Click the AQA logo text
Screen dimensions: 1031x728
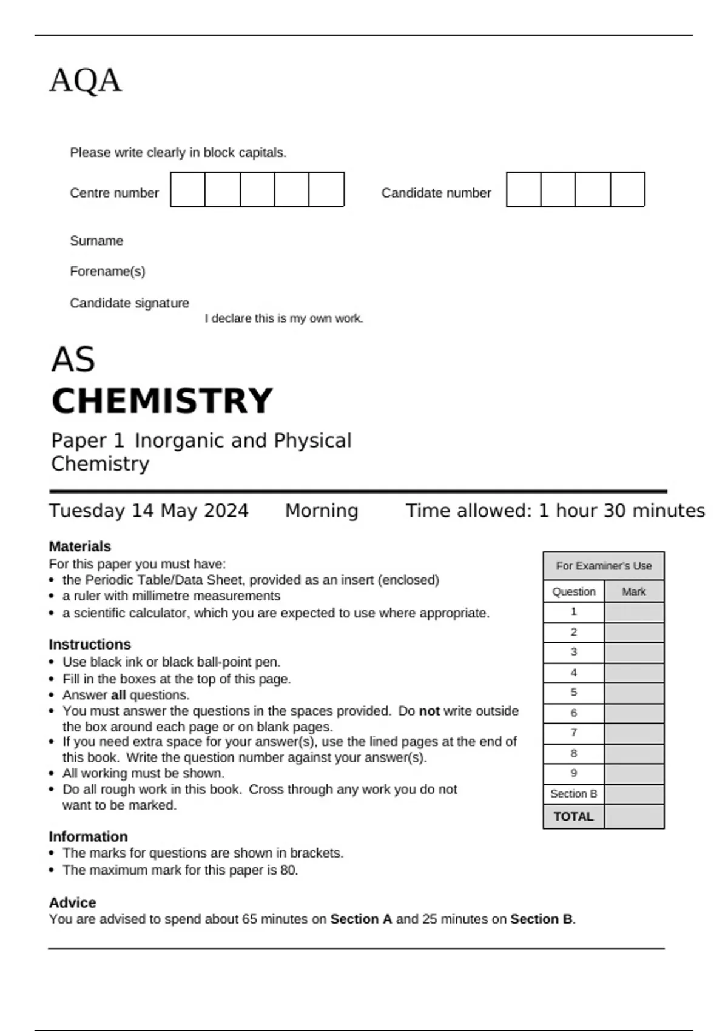pyautogui.click(x=86, y=80)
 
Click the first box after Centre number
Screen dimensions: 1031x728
pyautogui.click(x=187, y=190)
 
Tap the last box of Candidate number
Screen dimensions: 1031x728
pyautogui.click(x=627, y=190)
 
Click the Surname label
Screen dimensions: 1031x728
pyautogui.click(x=96, y=241)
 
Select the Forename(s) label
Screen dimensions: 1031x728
pyautogui.click(x=107, y=271)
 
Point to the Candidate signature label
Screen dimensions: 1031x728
pyautogui.click(x=129, y=303)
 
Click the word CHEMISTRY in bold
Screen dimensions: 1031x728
pyautogui.click(x=162, y=401)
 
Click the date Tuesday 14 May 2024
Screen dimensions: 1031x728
pyautogui.click(x=149, y=511)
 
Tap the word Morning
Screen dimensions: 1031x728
pyautogui.click(x=322, y=511)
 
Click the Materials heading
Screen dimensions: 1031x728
pyautogui.click(x=79, y=546)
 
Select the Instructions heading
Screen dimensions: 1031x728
pyautogui.click(x=89, y=644)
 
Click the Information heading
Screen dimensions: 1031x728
pyautogui.click(x=88, y=836)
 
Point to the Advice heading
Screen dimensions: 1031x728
pyautogui.click(x=72, y=902)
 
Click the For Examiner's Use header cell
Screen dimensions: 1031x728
pyautogui.click(x=604, y=566)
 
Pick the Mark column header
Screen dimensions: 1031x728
pyautogui.click(x=634, y=591)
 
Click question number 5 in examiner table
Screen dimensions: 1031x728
pyautogui.click(x=573, y=693)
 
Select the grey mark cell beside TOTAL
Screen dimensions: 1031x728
pyautogui.click(x=634, y=816)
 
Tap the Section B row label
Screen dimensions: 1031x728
pyautogui.click(x=573, y=794)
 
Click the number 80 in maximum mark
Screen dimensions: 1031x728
pyautogui.click(x=288, y=870)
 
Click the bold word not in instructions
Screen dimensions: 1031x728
pyautogui.click(x=429, y=711)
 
